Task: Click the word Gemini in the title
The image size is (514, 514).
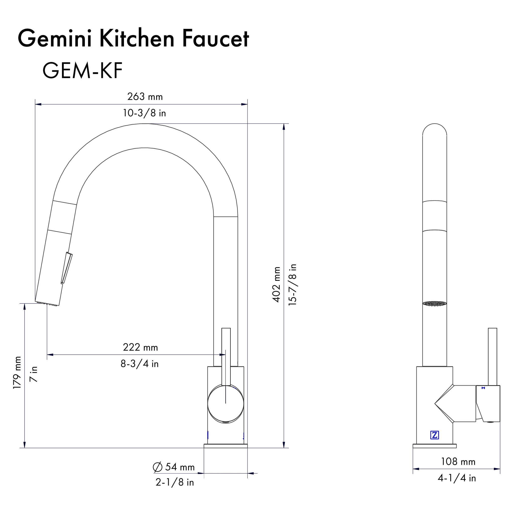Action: coord(54,39)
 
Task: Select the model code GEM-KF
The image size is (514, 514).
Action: coord(82,71)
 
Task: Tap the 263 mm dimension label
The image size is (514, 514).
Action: coord(145,97)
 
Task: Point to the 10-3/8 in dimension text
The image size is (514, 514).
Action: coord(144,113)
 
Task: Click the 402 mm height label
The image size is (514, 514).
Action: coord(276,284)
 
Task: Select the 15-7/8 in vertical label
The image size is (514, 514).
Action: coord(292,284)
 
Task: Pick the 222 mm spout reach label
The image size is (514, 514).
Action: coord(140,347)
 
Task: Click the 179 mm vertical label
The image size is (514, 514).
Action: coord(17,372)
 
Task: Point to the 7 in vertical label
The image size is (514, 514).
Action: coord(34,374)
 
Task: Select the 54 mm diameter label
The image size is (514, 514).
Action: coord(180,467)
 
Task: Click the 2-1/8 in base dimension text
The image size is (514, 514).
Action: coord(175,482)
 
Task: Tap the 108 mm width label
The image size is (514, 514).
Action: coord(458,462)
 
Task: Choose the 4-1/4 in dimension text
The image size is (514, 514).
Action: coord(457,478)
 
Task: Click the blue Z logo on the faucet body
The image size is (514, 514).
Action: coord(434,435)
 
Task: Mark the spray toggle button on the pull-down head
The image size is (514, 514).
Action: coord(67,268)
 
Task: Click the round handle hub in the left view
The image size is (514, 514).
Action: coord(226,404)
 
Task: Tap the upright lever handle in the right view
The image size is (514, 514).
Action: coord(492,356)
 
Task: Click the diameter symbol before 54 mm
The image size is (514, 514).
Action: coord(158,467)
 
